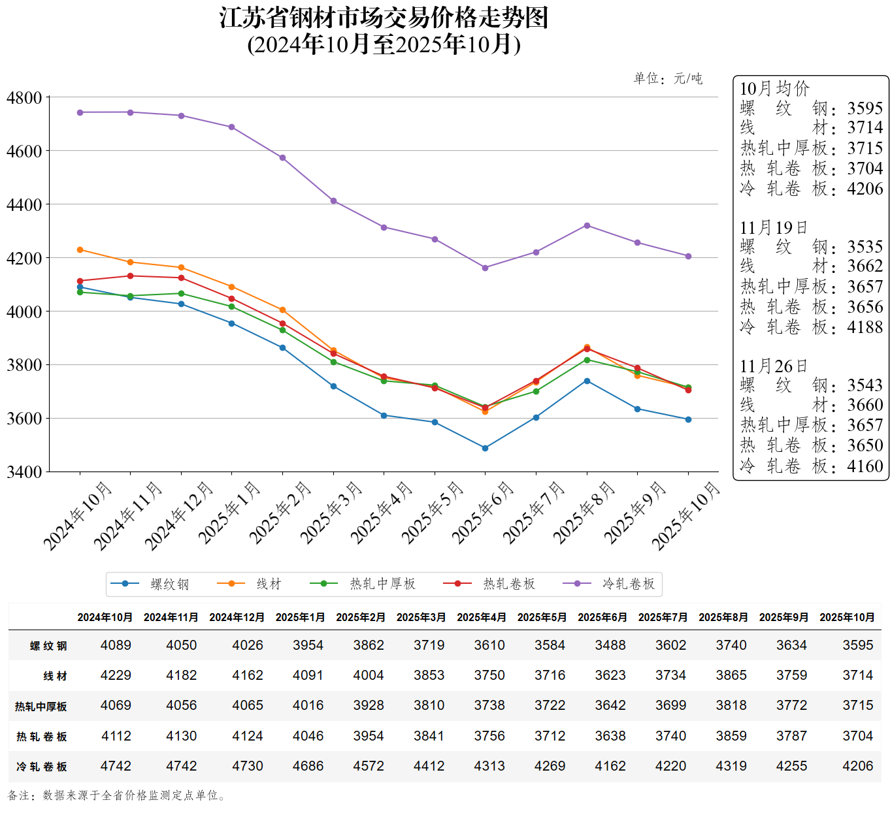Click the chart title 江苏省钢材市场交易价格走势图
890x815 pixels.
pos(384,18)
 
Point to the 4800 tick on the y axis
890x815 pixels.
pos(24,98)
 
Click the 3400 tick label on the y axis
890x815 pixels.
pos(24,471)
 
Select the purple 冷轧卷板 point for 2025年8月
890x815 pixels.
pos(587,226)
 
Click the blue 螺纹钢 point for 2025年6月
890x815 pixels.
pos(485,448)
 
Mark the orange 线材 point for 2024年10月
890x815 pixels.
pos(80,250)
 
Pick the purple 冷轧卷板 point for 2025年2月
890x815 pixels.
pos(282,158)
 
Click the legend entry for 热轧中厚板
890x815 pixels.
pos(382,584)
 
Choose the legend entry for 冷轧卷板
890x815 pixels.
pos(628,584)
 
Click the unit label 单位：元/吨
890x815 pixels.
pos(668,79)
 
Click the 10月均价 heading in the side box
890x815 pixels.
pos(774,89)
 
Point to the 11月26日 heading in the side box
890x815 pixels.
pos(774,366)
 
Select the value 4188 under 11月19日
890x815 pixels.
pos(865,327)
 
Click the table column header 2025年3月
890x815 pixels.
pos(421,617)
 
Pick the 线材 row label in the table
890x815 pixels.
pos(55,676)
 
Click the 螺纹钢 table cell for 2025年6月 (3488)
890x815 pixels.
pos(610,645)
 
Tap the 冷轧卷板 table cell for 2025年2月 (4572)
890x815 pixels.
pos(369,766)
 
